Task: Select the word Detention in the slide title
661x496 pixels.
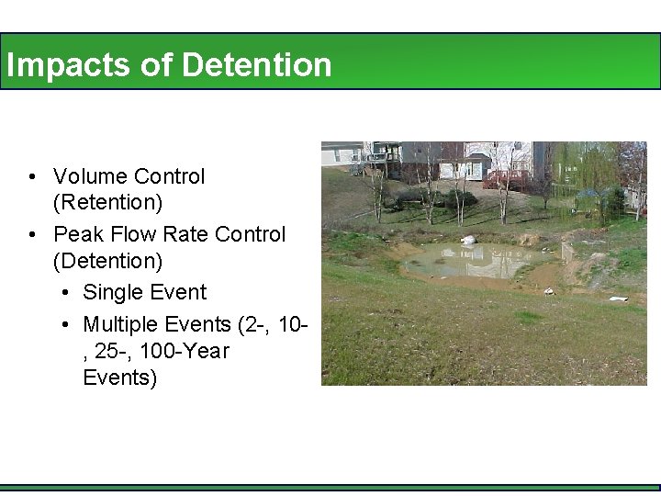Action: (257, 65)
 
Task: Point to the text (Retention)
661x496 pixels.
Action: (107, 202)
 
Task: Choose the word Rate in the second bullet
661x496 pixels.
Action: (188, 235)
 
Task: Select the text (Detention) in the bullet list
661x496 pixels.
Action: (107, 262)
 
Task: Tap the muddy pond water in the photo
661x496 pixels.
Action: (459, 262)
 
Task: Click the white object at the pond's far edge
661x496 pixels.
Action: (469, 240)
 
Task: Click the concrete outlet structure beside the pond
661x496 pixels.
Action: (568, 252)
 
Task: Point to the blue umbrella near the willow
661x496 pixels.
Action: (588, 195)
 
